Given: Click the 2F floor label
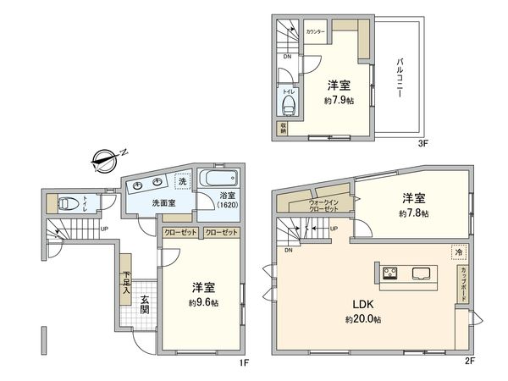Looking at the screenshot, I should pyautogui.click(x=472, y=362).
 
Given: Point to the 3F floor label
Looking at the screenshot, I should pyautogui.click(x=423, y=144).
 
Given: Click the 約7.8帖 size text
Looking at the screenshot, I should pyautogui.click(x=414, y=213).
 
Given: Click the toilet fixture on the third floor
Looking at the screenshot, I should pyautogui.click(x=289, y=105).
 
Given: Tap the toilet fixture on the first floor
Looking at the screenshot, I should pyautogui.click(x=67, y=203).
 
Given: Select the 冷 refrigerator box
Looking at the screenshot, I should pyautogui.click(x=458, y=251).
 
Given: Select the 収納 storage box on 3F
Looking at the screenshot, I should pyautogui.click(x=281, y=128).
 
